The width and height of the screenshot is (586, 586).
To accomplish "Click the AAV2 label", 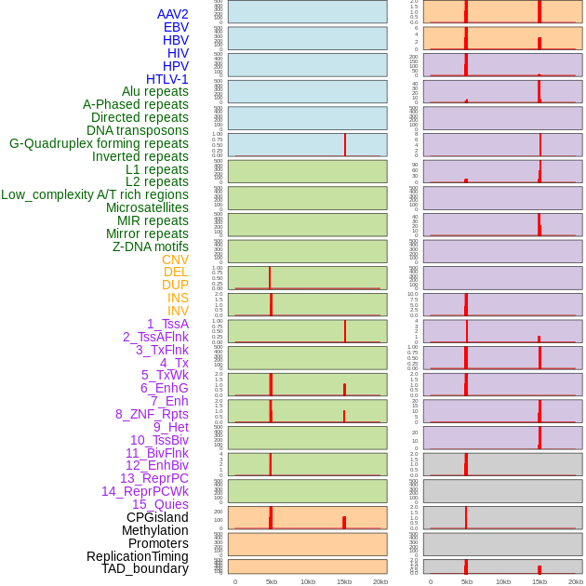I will (x=172, y=14).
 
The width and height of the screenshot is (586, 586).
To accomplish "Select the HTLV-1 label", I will (x=166, y=79).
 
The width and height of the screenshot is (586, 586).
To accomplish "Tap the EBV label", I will (x=176, y=27).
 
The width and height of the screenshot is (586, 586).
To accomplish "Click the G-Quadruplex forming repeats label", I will (x=99, y=143).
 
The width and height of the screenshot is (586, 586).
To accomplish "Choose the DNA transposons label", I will (x=138, y=130).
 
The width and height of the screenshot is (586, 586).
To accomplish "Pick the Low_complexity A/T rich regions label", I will (x=95, y=194).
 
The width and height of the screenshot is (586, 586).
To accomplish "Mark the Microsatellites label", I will (x=147, y=207).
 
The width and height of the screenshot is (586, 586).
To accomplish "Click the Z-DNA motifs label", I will (x=151, y=246).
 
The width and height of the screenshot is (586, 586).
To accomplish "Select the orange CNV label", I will (x=175, y=260).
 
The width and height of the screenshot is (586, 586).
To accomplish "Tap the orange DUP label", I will (x=175, y=285).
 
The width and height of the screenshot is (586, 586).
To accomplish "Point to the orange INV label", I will (x=178, y=311).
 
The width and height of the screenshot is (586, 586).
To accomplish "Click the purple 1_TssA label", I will (x=167, y=324).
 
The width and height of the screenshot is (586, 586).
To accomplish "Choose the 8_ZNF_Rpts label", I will (x=152, y=414).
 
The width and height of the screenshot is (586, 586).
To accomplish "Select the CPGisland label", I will (x=157, y=517).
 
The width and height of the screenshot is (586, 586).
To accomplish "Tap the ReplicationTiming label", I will (x=137, y=556).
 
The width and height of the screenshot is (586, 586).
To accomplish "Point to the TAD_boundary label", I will (x=145, y=568).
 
